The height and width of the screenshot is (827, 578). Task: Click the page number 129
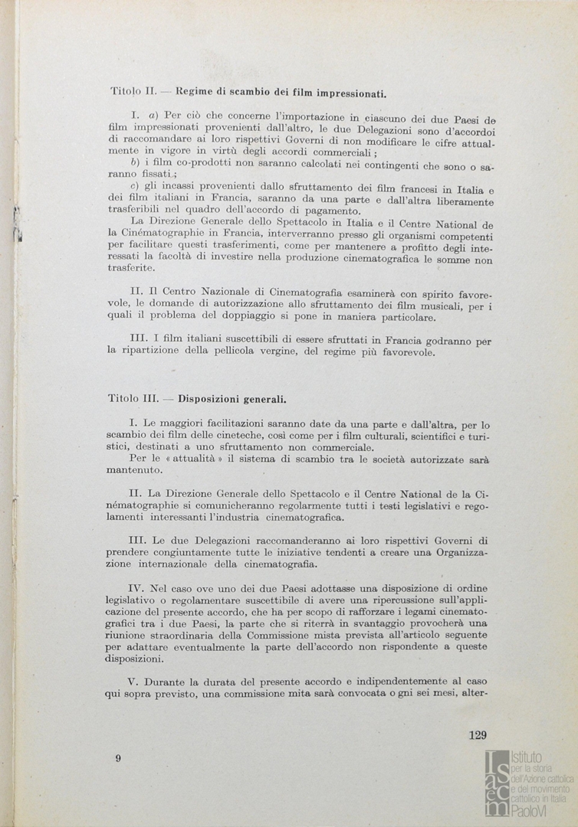477,736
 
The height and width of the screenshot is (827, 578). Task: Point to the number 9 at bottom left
118,758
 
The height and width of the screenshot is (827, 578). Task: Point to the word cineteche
217,436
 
